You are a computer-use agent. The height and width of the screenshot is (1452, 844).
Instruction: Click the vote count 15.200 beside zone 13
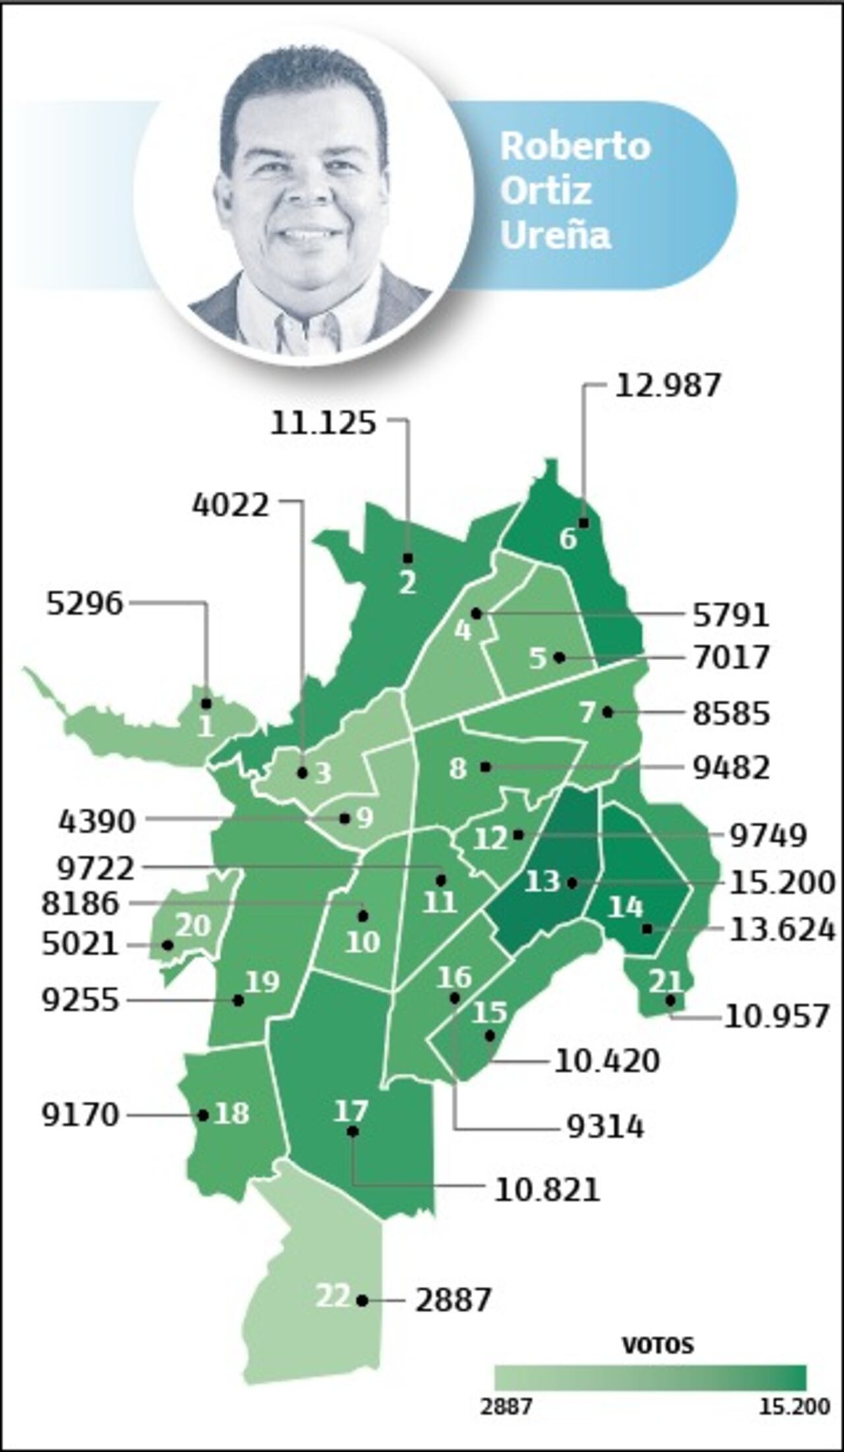click(782, 882)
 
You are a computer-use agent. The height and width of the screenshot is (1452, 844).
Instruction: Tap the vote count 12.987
click(667, 386)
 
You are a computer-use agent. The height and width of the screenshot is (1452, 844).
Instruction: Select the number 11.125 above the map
click(323, 423)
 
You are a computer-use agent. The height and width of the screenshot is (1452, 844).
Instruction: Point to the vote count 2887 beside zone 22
click(453, 1300)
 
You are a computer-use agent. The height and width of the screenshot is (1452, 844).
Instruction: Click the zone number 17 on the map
click(350, 1111)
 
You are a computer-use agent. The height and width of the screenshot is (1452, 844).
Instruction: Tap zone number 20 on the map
click(193, 926)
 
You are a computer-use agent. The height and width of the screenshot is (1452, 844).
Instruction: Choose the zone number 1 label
click(206, 726)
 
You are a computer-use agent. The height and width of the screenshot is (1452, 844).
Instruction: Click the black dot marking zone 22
click(361, 1301)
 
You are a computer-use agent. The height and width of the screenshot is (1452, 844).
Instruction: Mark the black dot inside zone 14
click(647, 929)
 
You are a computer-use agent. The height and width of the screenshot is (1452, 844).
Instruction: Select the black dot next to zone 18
click(203, 1116)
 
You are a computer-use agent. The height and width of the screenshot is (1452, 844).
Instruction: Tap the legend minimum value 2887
click(506, 1407)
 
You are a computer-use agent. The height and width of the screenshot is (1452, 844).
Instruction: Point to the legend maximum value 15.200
click(794, 1407)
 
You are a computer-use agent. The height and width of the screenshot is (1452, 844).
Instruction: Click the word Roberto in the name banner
click(575, 146)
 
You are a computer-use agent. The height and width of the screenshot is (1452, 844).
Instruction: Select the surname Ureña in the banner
click(555, 236)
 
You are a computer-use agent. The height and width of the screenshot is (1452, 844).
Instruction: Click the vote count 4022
click(231, 505)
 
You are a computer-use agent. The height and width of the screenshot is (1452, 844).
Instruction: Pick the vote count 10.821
click(547, 1190)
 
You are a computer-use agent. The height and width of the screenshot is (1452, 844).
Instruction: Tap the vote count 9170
click(80, 1115)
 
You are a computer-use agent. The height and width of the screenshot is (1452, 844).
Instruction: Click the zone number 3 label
click(322, 773)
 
